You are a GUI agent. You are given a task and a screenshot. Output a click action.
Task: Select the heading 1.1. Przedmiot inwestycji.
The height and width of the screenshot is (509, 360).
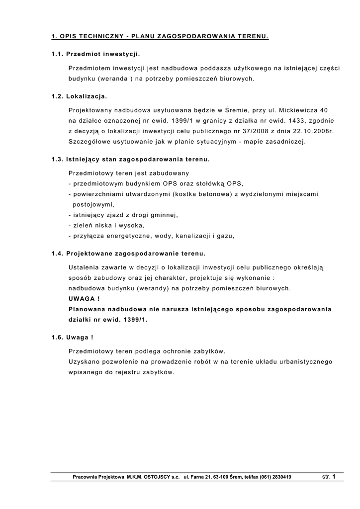(95, 53)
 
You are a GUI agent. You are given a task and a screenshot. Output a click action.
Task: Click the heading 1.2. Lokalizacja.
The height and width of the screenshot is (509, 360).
(79, 96)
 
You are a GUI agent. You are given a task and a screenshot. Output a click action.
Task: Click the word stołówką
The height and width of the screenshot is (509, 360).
(209, 183)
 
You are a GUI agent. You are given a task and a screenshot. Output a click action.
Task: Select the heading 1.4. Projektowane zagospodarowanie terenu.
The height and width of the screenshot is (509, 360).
(128, 254)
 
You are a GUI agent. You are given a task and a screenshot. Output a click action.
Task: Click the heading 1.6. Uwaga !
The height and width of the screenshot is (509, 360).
(73, 338)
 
